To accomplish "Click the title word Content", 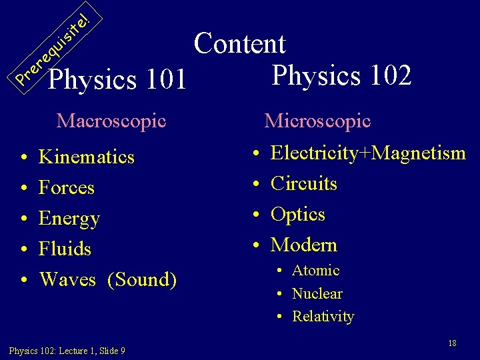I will tap(240, 44).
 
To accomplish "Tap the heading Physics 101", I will tap(118, 79).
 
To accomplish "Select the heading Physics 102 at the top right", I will tap(341, 75).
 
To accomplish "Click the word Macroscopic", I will tap(111, 121).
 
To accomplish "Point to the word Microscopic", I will tap(317, 121).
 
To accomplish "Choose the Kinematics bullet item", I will tap(87, 157).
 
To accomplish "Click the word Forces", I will tap(67, 188).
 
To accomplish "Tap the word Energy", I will tap(69, 219).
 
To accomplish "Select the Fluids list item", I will tap(65, 249).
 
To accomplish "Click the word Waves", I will tap(67, 279).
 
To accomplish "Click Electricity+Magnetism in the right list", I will tap(368, 153).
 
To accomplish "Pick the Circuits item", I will tap(304, 183).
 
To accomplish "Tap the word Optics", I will tap(298, 215).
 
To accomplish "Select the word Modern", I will tap(304, 245).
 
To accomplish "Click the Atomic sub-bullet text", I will tap(316, 271).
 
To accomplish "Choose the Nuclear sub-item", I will tap(317, 293).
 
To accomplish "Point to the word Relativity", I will tap(323, 316).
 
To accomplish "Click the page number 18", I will tap(452, 343).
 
